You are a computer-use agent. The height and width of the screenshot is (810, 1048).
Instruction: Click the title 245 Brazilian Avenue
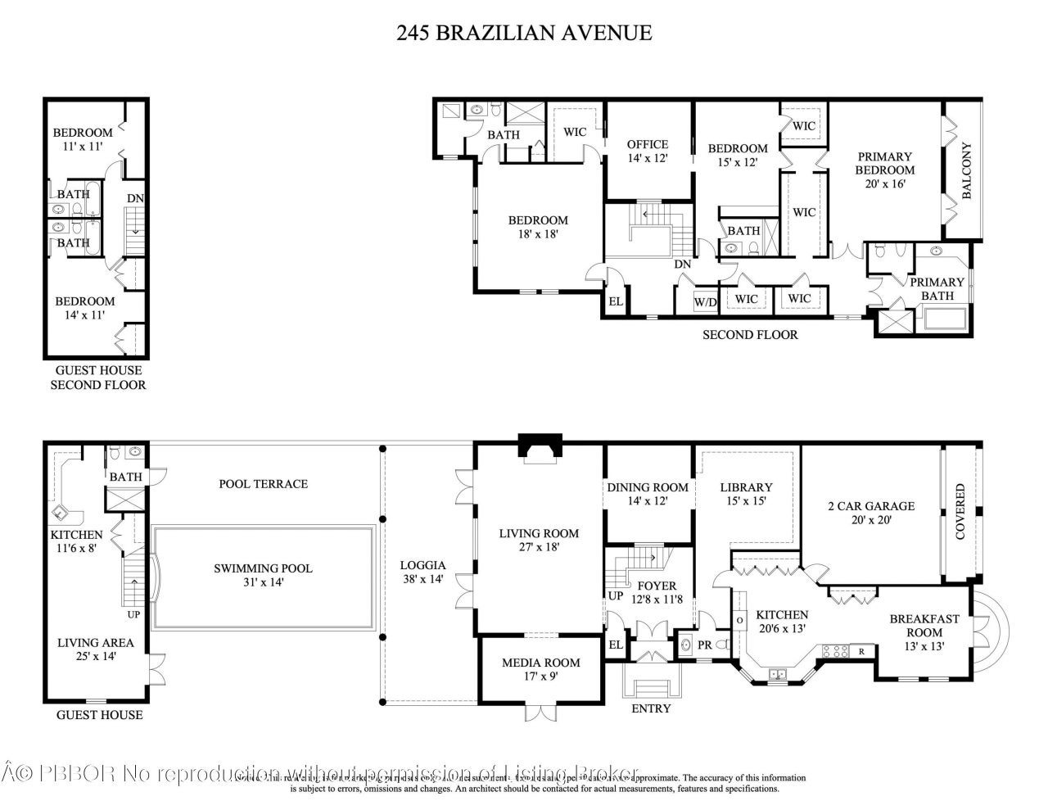[x=524, y=33]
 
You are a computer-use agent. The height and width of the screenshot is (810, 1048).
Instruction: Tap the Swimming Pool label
[x=263, y=575]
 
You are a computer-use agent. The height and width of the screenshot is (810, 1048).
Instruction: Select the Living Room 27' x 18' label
[x=539, y=540]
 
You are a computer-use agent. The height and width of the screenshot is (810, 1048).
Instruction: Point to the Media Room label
[x=540, y=669]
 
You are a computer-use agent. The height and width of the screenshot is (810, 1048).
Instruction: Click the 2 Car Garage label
[x=870, y=513]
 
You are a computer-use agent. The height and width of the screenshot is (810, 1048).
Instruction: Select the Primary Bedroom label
[x=885, y=170]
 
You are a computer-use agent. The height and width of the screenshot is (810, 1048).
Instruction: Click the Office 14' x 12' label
[x=648, y=151]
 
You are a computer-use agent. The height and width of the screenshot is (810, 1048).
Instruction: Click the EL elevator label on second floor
[x=616, y=301]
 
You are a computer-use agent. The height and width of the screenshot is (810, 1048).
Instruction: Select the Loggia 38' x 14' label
[x=422, y=572]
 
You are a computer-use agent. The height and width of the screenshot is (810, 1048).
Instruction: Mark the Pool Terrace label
[x=263, y=483]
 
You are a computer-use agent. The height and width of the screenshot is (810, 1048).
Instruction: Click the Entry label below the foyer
[x=652, y=708]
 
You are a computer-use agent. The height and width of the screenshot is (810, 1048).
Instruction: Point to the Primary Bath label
[x=937, y=288]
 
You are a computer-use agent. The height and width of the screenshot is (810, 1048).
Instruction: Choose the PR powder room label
[x=704, y=645]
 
